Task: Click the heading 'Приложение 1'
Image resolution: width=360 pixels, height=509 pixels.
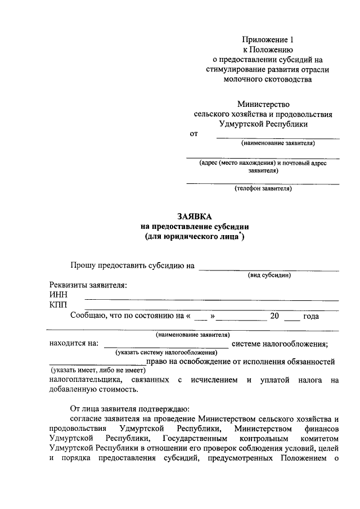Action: pyautogui.click(x=268, y=39)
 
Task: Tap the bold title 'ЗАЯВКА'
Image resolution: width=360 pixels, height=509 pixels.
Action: pyautogui.click(x=195, y=217)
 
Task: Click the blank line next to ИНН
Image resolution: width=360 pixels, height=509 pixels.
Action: pyautogui.click(x=211, y=299)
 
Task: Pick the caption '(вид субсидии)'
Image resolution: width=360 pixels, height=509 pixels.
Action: pyautogui.click(x=269, y=275)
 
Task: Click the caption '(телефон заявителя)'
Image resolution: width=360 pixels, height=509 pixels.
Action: pyautogui.click(x=263, y=188)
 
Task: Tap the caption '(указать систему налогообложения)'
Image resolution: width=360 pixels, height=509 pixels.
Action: pyautogui.click(x=166, y=352)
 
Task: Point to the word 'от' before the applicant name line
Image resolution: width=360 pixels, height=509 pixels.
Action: pyautogui.click(x=194, y=134)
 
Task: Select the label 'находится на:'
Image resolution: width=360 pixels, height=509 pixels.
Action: pyautogui.click(x=74, y=344)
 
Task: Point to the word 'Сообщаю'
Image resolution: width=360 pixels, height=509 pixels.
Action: pyautogui.click(x=89, y=316)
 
